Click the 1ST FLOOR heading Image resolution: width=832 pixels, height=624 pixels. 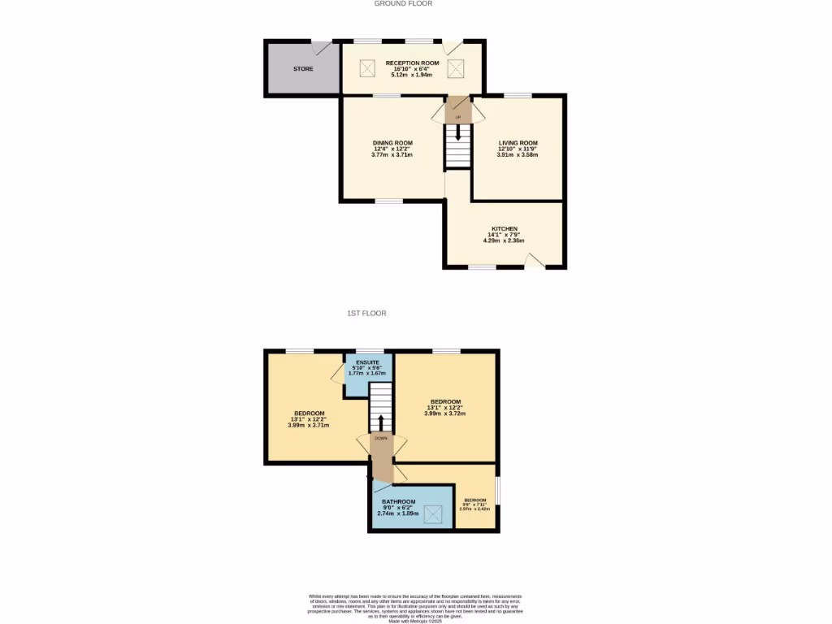pos(366,313)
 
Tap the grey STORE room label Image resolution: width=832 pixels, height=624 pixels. pos(303,69)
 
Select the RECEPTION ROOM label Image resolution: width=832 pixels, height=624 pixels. pos(412,63)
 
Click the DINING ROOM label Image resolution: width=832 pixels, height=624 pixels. pos(392,142)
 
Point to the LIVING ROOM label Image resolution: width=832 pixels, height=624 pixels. pos(518,143)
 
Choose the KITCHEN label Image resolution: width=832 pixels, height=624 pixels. pos(504,228)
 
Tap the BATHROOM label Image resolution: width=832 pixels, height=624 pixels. pos(398,501)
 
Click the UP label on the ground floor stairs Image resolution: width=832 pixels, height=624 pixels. pos(458,118)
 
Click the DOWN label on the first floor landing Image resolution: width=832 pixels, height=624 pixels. pos(380,438)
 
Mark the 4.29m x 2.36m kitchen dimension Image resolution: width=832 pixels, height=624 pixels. pos(504,240)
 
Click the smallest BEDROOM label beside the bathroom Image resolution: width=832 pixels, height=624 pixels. pos(474,500)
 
